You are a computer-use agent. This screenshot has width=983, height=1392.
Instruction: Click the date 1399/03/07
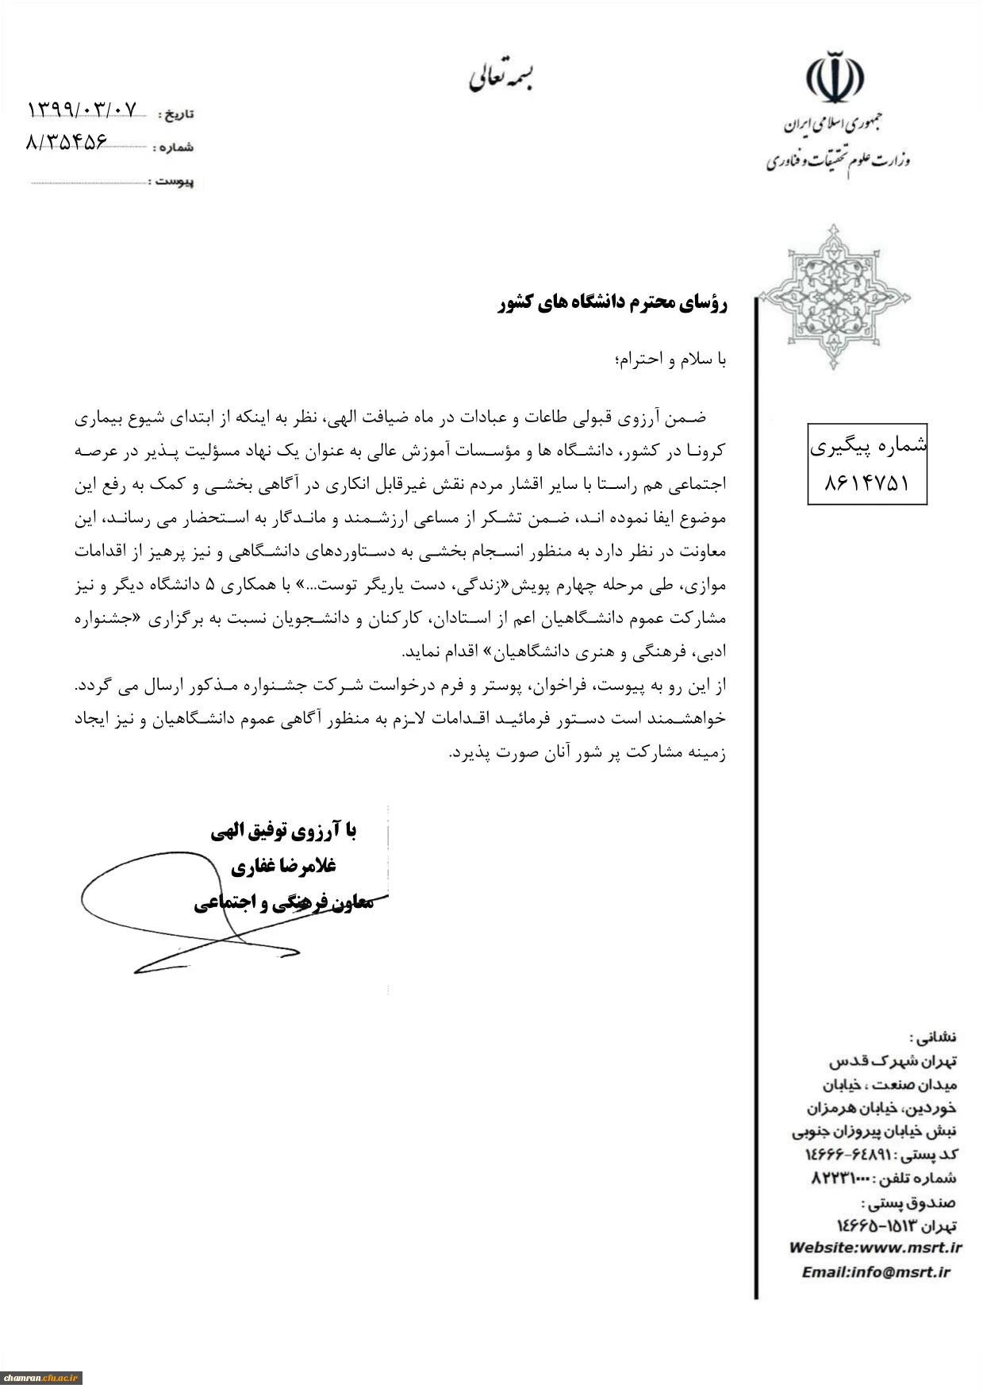coord(82,109)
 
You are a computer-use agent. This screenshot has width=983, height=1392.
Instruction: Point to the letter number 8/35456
coord(67,143)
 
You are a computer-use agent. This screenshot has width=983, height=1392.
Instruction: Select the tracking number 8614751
coord(866,483)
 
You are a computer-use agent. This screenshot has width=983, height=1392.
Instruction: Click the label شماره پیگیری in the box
coord(867,448)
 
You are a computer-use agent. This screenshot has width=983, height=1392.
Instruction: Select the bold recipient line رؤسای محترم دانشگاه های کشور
coord(612,303)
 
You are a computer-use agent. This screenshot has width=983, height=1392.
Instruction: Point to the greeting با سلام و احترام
coord(670,360)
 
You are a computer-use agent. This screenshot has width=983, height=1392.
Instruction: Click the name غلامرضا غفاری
coord(283,867)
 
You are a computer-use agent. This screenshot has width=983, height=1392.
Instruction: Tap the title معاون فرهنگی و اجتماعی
coord(283,903)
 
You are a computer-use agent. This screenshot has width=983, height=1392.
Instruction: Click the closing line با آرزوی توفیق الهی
coord(283,831)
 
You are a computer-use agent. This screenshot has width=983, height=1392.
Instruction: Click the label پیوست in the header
coord(173,182)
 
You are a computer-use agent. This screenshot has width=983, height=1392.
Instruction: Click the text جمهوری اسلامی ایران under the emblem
coord(834,125)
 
